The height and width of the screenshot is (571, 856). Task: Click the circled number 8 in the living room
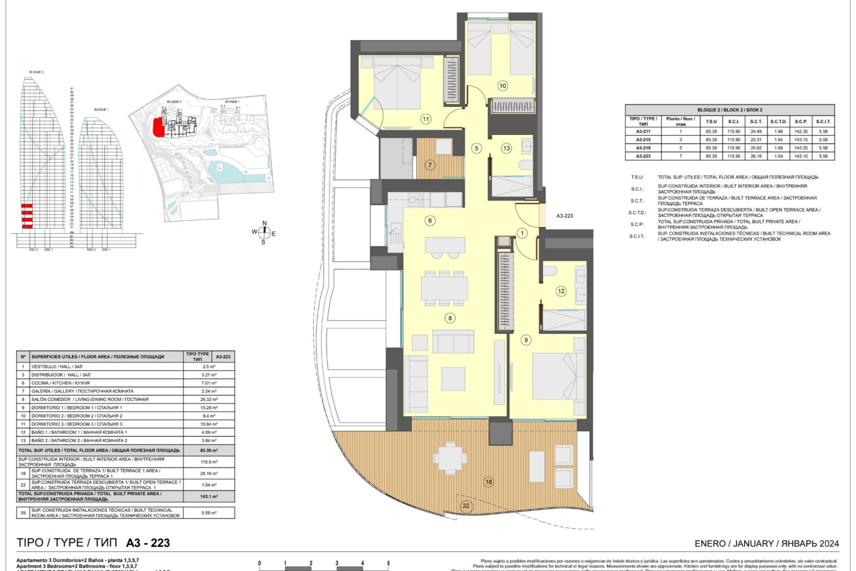[450, 318]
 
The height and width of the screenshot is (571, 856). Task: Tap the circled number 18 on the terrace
[489, 482]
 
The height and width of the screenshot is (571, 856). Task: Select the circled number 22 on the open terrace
[466, 506]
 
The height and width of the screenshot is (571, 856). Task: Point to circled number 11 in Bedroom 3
[426, 119]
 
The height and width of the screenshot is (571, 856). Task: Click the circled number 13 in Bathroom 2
[506, 149]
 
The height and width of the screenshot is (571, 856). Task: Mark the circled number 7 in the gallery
[430, 165]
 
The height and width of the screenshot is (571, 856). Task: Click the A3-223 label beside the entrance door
[564, 216]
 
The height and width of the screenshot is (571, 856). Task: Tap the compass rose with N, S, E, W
[264, 232]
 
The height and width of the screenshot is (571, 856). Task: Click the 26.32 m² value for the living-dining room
[209, 399]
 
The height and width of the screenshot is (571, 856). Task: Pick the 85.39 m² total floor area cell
[209, 451]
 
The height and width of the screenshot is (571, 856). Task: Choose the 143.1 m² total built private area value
[209, 497]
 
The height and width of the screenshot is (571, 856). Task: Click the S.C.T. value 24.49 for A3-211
[756, 132]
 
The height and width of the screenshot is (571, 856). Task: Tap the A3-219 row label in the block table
[643, 148]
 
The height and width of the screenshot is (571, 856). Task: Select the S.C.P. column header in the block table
[801, 121]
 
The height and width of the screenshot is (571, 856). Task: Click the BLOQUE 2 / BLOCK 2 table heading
[729, 110]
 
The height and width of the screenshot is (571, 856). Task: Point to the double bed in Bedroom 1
[558, 377]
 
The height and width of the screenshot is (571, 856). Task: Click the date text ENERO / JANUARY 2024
[766, 544]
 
